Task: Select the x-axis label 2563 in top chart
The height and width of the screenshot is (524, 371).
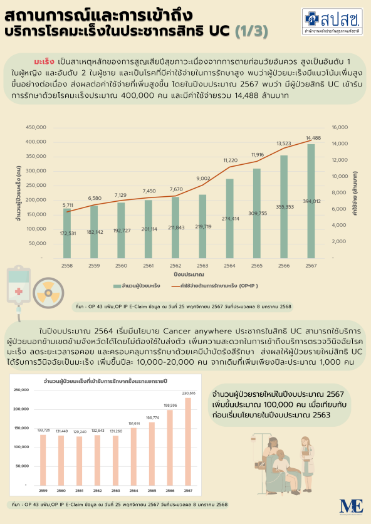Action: (x=202, y=266)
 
